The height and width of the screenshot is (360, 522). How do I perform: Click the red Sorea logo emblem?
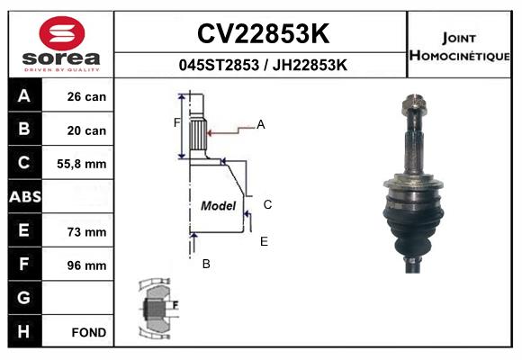(x=62, y=33)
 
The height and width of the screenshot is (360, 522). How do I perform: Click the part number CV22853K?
(x=263, y=33)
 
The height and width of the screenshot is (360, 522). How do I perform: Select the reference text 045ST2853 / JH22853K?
(x=263, y=65)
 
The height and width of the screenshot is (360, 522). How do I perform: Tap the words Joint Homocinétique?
(x=459, y=47)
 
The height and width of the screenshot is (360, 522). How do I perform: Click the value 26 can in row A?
(x=86, y=96)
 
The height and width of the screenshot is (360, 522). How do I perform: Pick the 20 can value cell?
(x=86, y=130)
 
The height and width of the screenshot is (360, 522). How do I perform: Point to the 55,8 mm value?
(x=82, y=164)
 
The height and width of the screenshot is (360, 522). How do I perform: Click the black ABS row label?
(x=25, y=196)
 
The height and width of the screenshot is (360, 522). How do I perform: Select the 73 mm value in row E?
(x=86, y=232)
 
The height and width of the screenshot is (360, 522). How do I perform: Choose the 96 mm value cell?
(x=86, y=265)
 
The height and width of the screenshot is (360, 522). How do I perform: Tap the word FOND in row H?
(x=89, y=332)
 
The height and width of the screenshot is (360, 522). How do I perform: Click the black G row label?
(x=24, y=297)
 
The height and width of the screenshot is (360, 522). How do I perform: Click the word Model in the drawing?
(x=219, y=205)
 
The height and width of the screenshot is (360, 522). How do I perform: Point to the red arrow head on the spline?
(x=210, y=133)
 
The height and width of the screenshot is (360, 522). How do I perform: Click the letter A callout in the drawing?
(x=261, y=124)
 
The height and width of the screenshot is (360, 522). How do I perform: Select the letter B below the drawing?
(x=206, y=264)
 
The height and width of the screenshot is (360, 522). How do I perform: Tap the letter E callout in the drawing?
(x=264, y=241)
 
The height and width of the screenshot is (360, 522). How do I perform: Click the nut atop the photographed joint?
(x=414, y=103)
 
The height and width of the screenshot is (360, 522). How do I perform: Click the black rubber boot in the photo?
(x=413, y=227)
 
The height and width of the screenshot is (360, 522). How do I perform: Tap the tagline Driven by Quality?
(x=62, y=69)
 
